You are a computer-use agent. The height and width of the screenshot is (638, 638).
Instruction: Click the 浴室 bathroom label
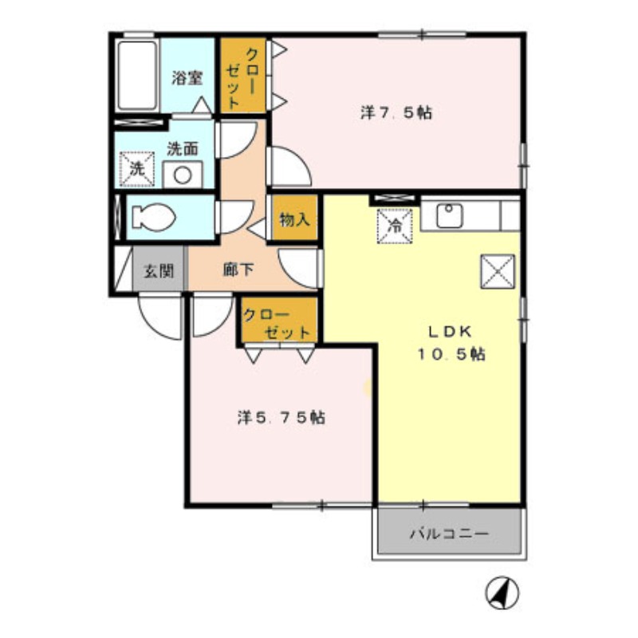click(x=187, y=78)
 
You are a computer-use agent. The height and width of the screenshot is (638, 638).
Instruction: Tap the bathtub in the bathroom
click(x=138, y=77)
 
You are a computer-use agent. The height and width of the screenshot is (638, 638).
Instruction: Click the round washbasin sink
click(x=183, y=173)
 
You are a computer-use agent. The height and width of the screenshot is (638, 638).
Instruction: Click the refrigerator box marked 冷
click(x=394, y=224)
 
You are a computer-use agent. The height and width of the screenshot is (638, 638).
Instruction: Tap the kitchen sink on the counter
click(x=450, y=214)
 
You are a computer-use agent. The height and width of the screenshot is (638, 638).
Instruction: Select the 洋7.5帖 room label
click(x=396, y=113)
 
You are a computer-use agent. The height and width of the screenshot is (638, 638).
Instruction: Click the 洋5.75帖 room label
click(x=281, y=417)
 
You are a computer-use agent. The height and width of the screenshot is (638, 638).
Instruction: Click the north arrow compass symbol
click(x=502, y=593)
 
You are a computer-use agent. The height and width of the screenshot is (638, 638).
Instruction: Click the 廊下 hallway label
click(x=238, y=270)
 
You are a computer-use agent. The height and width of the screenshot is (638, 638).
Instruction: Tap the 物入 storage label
click(x=294, y=219)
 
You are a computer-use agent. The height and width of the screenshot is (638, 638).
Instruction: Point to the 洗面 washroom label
click(x=183, y=148)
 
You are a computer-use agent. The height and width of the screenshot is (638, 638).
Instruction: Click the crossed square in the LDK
click(x=497, y=274)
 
